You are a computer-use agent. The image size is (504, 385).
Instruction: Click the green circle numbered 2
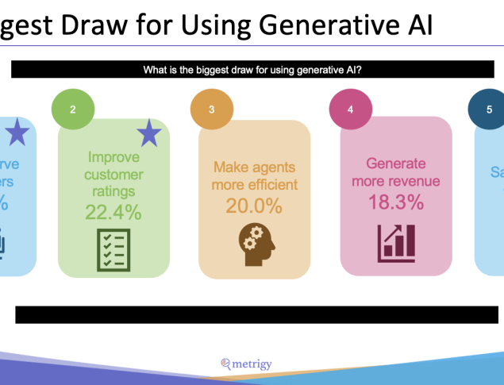pyautogui.click(x=73, y=110)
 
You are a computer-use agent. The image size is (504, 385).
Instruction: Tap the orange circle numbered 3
pyautogui.click(x=211, y=110)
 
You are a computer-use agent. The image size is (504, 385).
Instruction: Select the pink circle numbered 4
pyautogui.click(x=351, y=110)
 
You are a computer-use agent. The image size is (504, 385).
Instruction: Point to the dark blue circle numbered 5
pyautogui.click(x=488, y=110)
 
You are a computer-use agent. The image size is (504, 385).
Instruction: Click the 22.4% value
pyautogui.click(x=113, y=212)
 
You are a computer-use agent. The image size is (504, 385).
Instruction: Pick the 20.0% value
pyautogui.click(x=254, y=206)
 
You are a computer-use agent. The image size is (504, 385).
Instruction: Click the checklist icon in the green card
pyautogui.click(x=113, y=250)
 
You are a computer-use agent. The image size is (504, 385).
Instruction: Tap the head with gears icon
pyautogui.click(x=254, y=243)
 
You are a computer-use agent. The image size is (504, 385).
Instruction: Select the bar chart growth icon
pyautogui.click(x=396, y=243)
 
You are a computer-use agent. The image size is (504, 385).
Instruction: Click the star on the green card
pyautogui.click(x=149, y=133)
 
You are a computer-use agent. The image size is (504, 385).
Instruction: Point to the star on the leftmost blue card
pyautogui.click(x=17, y=133)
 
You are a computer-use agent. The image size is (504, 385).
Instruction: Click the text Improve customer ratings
pyautogui.click(x=113, y=174)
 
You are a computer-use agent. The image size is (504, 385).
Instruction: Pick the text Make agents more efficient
pyautogui.click(x=254, y=175)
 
